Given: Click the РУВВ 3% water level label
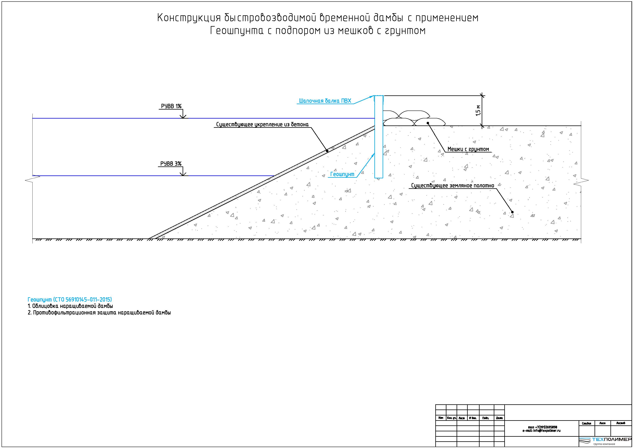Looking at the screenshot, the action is tap(171, 164).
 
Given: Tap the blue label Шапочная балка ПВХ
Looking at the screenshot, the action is tap(325, 101).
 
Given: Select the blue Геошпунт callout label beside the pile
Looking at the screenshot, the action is tap(342, 174).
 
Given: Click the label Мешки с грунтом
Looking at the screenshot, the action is tap(468, 149).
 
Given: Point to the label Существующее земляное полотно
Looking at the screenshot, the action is tap(453, 185).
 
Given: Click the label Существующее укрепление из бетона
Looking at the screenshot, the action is tap(262, 124).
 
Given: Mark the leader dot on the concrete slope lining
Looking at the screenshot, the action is tap(327, 151).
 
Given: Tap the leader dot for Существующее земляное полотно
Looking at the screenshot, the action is tap(512, 212).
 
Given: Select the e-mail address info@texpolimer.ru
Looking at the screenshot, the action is tap(541, 431).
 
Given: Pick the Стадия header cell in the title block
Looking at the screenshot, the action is tap(586, 423).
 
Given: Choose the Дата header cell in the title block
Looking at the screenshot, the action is tap(499, 418).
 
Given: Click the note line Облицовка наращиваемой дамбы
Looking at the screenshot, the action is tap(71, 306).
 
